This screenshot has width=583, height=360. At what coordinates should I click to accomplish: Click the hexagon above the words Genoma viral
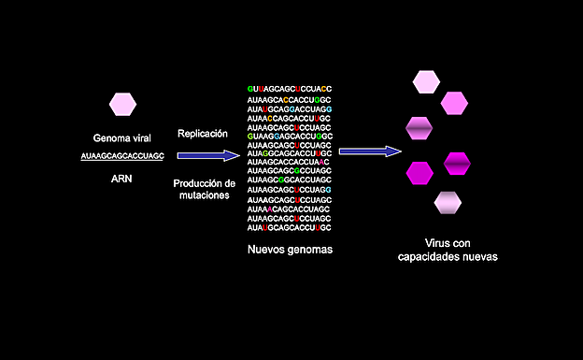tap(122, 104)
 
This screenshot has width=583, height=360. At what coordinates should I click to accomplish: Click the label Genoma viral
tap(122, 137)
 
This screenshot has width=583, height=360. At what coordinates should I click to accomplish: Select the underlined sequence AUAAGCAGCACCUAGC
tap(122, 155)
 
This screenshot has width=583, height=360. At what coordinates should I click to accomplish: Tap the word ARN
tap(122, 177)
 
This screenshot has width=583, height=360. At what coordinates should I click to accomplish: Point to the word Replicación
tap(203, 134)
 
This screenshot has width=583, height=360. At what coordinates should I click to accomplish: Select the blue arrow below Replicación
tap(207, 155)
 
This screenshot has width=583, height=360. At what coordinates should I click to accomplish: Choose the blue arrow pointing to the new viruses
tap(370, 151)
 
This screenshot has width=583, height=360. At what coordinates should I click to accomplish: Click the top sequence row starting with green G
tap(290, 87)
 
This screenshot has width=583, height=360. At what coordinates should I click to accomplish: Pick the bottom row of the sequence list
tap(290, 227)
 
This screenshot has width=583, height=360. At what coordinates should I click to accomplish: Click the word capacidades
tap(425, 256)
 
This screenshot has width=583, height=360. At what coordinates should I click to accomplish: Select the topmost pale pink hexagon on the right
tap(426, 82)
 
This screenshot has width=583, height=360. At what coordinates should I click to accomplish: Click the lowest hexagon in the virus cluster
tap(448, 202)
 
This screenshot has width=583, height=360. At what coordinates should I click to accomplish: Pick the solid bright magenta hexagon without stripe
tap(420, 173)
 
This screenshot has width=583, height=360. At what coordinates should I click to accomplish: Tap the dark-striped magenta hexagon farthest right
tap(457, 164)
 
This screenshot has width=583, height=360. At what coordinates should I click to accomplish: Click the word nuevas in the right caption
tap(478, 256)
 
